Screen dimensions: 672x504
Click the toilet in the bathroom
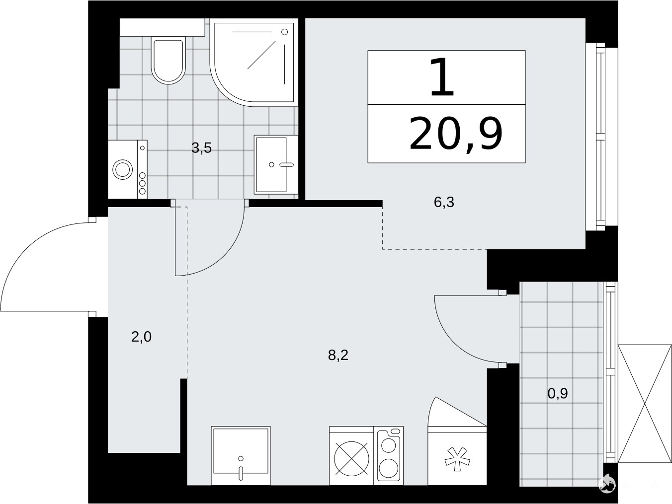click(168, 61)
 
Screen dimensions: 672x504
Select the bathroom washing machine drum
click(122, 169)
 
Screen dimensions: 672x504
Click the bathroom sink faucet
click(286, 164)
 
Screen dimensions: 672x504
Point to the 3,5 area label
click(201, 148)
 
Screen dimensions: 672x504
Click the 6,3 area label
click(444, 203)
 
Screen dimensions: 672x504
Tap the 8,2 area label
click(338, 356)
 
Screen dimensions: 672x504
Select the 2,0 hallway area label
click(141, 337)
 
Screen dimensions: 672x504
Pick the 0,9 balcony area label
click(558, 394)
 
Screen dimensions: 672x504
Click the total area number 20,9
click(456, 134)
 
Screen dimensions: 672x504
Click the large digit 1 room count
click(442, 77)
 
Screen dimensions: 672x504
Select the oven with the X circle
click(351, 458)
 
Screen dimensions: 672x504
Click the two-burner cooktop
click(389, 455)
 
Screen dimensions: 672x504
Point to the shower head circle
click(285, 32)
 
